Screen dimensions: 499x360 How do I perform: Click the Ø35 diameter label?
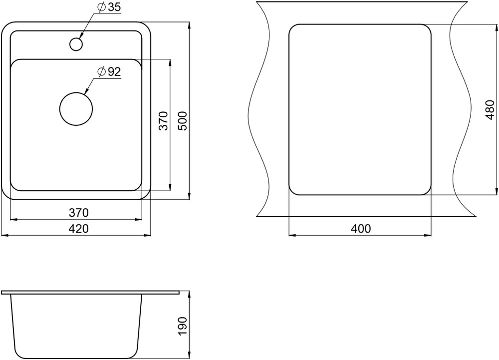point(109,7)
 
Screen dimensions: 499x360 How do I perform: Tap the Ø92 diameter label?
point(109,72)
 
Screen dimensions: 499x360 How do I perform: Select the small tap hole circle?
point(76,44)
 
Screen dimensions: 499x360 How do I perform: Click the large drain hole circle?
point(76,109)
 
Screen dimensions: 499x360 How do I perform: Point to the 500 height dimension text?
point(183,121)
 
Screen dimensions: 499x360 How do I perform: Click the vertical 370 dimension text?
point(163,121)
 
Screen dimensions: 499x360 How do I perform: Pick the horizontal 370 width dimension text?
point(79,213)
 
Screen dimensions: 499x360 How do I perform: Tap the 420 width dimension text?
point(79,229)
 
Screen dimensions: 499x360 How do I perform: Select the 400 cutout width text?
point(361,229)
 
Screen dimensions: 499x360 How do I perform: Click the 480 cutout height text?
point(490,110)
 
